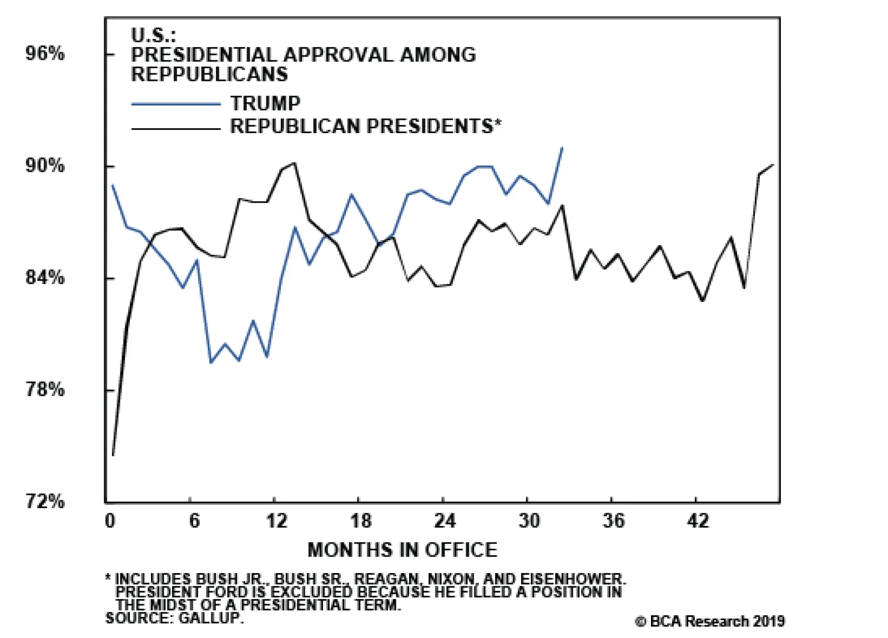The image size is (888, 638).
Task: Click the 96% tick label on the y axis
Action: (x=45, y=54)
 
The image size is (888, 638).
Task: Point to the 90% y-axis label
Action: (x=45, y=166)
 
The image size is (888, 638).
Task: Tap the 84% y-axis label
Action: (x=45, y=277)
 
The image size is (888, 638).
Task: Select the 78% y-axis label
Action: (x=45, y=389)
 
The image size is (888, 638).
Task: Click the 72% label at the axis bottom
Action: (x=45, y=502)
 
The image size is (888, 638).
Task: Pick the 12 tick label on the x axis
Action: (x=276, y=521)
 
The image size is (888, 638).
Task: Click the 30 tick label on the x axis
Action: (x=529, y=521)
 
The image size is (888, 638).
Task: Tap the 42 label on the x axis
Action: (x=698, y=521)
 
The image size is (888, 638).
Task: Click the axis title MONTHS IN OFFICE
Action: (x=402, y=550)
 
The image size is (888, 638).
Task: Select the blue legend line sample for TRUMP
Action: (x=176, y=104)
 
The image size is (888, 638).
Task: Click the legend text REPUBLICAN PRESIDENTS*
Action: (x=366, y=126)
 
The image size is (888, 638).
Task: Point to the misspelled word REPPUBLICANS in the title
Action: (x=209, y=74)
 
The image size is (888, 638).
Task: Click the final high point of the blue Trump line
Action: (x=562, y=148)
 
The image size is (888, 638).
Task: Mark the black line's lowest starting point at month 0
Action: (x=113, y=455)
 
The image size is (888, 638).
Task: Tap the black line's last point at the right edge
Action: (x=773, y=165)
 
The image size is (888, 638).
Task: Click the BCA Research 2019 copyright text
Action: (x=710, y=621)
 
